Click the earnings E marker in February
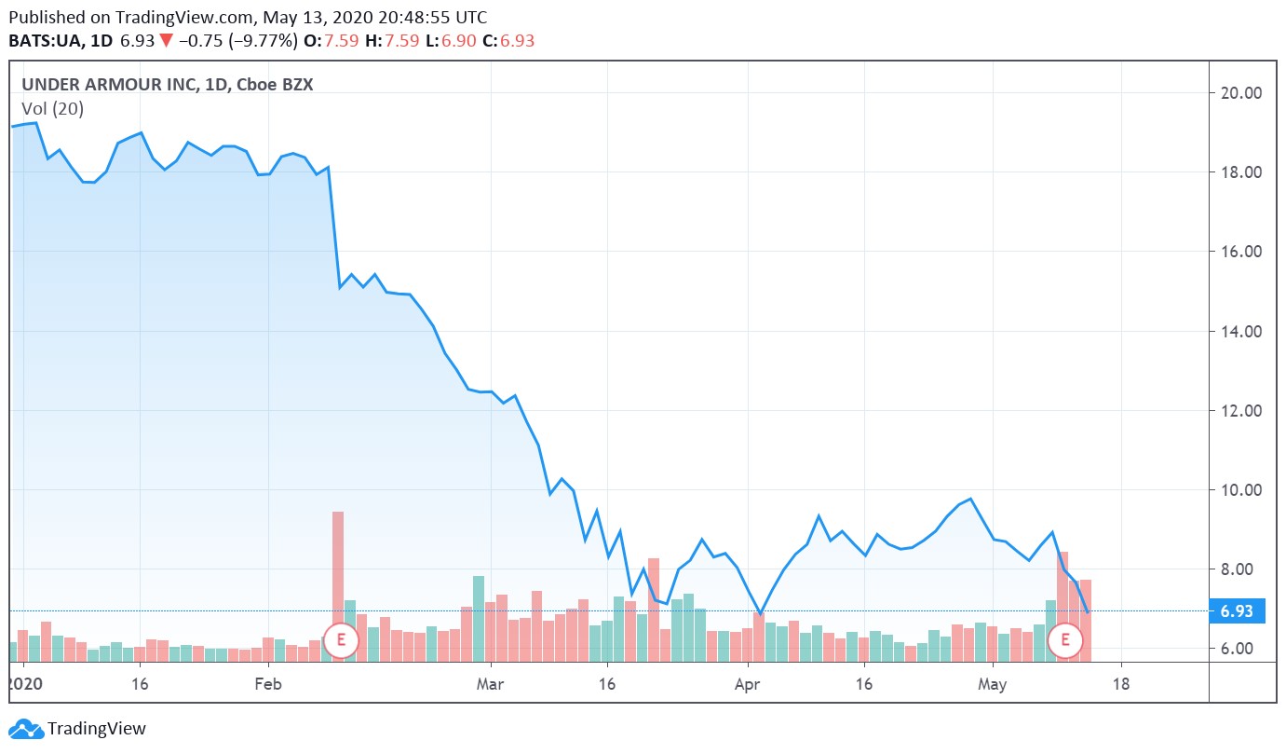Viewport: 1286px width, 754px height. [x=342, y=640]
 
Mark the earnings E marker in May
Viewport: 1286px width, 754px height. [x=1064, y=640]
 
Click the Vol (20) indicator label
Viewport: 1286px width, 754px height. [x=52, y=109]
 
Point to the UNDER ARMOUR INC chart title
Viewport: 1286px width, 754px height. [x=109, y=85]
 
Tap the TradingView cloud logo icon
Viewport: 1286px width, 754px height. [x=25, y=729]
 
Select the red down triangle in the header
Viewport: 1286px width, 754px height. [x=165, y=41]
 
